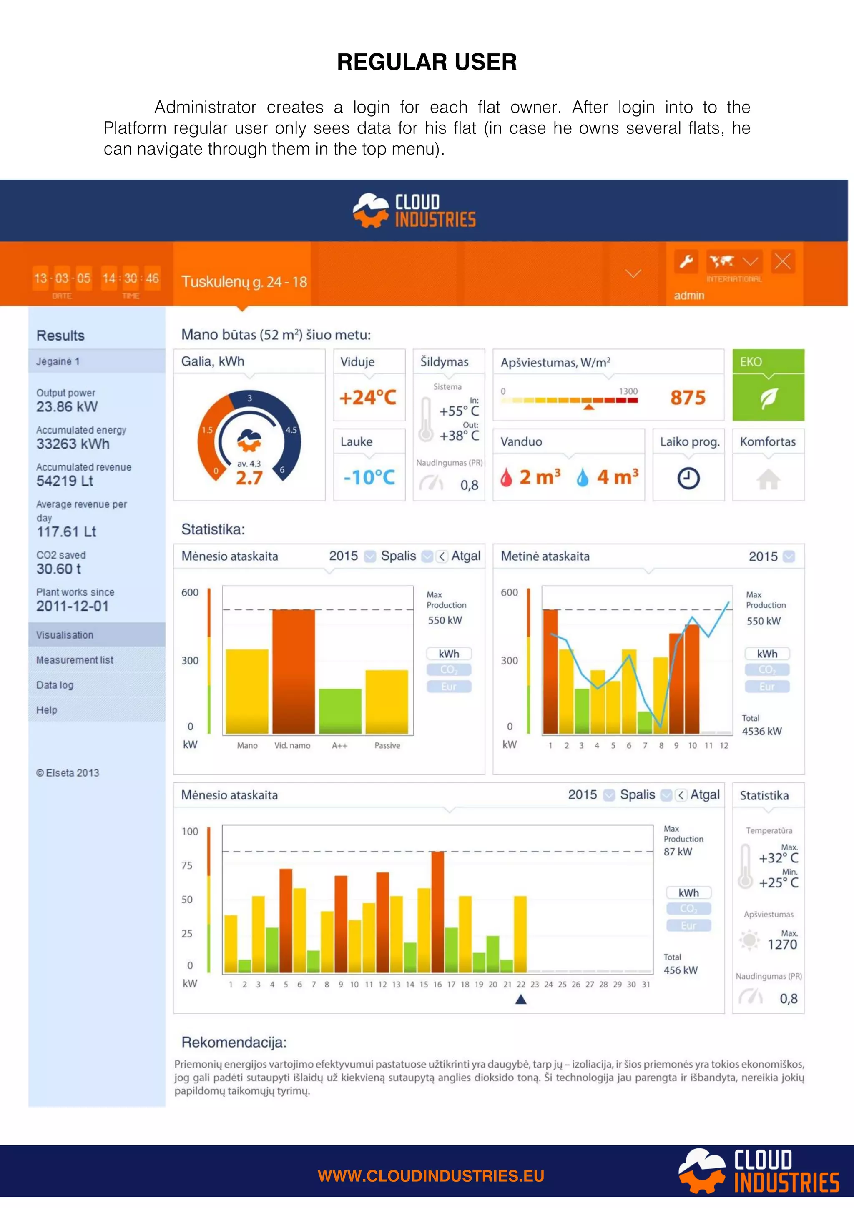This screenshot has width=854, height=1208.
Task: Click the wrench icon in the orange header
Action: coord(686,261)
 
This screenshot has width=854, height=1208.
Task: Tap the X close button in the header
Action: coord(782,261)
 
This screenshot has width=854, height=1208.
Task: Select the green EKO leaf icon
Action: coord(768,398)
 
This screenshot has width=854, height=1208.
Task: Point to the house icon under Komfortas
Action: coord(768,479)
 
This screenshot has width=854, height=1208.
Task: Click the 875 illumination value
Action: coord(688,398)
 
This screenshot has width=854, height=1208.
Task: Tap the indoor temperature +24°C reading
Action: coord(368,398)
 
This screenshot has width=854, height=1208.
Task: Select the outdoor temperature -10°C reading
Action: coord(369,478)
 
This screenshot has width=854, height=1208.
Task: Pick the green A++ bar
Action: coord(340,711)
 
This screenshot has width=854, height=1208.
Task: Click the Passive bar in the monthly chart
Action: coord(387,702)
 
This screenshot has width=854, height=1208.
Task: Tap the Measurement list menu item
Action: coord(75,660)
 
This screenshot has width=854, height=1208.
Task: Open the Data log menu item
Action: coord(55,685)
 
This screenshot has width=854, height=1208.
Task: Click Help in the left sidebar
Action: coord(47,710)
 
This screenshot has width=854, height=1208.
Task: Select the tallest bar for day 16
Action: coord(438,912)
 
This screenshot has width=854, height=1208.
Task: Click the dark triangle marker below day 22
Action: coord(521,999)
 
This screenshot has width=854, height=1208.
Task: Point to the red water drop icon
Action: coord(506,478)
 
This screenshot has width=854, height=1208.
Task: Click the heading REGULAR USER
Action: coord(427,62)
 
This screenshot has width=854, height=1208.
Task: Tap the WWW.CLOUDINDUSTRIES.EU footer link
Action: coord(431,1176)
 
